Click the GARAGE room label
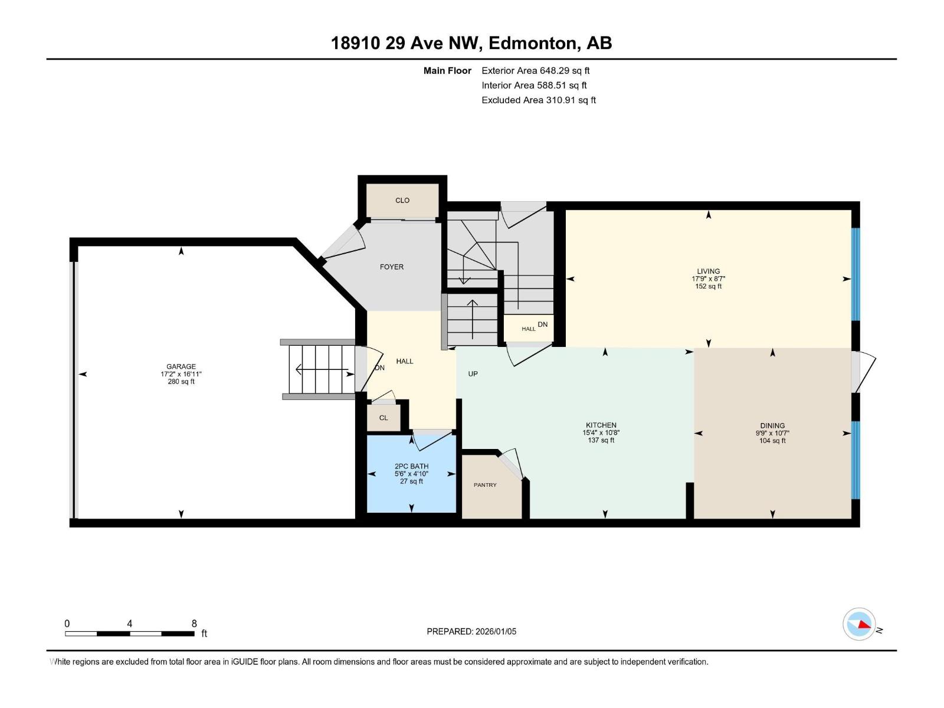181,366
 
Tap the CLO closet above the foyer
402,201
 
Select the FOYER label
392,267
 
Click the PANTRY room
486,485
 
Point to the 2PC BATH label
411,466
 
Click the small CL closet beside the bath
383,418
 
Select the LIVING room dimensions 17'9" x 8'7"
708,279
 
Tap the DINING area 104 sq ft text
772,441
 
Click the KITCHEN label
601,425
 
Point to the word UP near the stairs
473,373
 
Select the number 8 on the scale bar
194,624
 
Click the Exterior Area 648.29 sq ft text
535,71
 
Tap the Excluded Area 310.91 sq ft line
538,100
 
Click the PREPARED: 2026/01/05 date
471,631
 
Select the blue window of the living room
855,274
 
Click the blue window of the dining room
855,460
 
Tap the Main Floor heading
447,71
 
